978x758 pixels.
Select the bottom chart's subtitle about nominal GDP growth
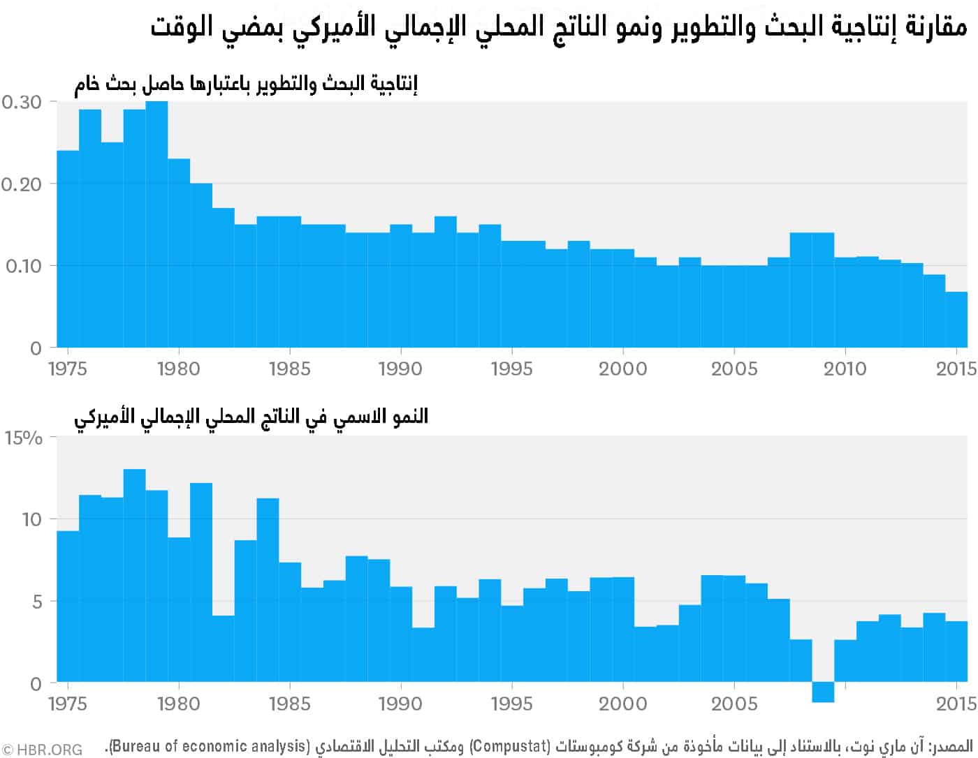pyautogui.click(x=251, y=417)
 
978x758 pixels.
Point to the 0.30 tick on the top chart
pyautogui.click(x=21, y=102)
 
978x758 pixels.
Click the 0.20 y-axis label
pyautogui.click(x=21, y=184)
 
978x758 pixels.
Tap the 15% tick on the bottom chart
pyautogui.click(x=24, y=438)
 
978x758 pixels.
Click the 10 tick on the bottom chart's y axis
pyautogui.click(x=32, y=519)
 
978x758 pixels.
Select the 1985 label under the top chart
pyautogui.click(x=289, y=369)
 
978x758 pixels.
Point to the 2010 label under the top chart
pyautogui.click(x=845, y=369)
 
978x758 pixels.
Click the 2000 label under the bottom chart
pyautogui.click(x=622, y=703)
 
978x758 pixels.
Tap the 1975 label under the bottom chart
pyautogui.click(x=68, y=703)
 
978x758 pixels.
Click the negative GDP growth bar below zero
pyautogui.click(x=823, y=692)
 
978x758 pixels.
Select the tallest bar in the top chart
pyautogui.click(x=156, y=223)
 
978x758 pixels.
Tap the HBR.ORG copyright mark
pyautogui.click(x=42, y=750)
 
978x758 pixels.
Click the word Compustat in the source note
pyautogui.click(x=509, y=746)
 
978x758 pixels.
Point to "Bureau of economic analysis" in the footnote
pyautogui.click(x=210, y=746)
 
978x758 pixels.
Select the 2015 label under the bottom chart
pyautogui.click(x=956, y=703)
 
